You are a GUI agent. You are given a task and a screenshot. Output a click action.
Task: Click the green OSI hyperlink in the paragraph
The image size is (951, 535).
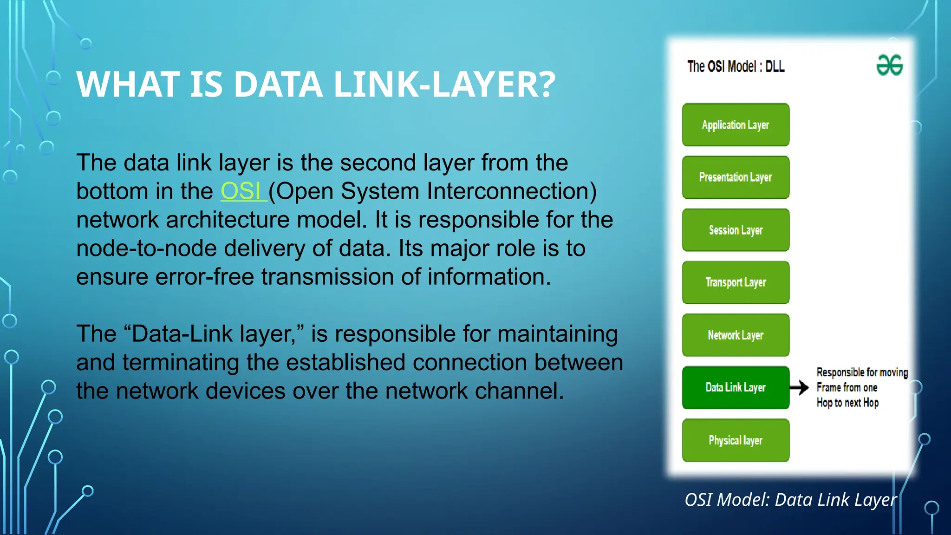[x=241, y=191]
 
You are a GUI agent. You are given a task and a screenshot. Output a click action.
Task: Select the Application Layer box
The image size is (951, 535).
[x=736, y=125]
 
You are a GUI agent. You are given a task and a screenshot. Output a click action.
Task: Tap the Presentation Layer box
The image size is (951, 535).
[x=736, y=177]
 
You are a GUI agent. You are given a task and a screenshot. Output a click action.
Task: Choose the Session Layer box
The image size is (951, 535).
[x=736, y=230]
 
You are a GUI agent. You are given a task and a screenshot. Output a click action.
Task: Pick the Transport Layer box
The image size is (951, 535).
[x=736, y=282]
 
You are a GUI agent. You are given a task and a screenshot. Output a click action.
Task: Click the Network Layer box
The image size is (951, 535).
[x=736, y=335]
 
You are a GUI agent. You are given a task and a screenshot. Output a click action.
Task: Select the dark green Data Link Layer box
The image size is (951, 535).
[x=736, y=388]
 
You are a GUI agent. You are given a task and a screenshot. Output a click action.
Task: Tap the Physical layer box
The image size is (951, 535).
[x=736, y=440]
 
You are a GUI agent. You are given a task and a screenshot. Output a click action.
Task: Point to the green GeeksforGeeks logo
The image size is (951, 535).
[x=889, y=65]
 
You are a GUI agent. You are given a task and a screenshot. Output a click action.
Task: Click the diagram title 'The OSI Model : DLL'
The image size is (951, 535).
[x=736, y=67]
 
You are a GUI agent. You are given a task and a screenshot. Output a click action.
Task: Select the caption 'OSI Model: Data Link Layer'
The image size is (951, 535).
[x=790, y=500]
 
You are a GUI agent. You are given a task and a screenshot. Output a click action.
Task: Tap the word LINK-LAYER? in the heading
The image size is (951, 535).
[x=444, y=85]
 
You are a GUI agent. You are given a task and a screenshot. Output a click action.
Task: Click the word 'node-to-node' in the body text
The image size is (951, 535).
[x=147, y=248]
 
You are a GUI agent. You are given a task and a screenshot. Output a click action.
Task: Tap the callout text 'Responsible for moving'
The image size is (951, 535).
[x=862, y=372]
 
